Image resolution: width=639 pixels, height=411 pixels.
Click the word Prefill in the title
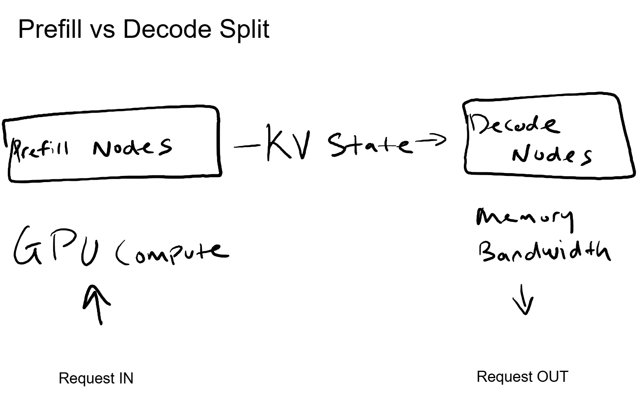point(50,29)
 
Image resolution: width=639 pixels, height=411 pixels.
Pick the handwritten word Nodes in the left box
point(132,147)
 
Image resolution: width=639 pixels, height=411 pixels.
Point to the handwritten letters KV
point(287,143)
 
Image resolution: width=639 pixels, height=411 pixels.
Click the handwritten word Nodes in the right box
point(551,155)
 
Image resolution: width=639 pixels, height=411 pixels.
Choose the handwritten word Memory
point(524,218)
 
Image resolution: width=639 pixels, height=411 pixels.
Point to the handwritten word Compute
point(172,251)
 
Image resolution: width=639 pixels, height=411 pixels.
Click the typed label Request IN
point(96,378)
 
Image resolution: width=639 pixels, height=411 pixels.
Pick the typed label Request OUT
point(522,376)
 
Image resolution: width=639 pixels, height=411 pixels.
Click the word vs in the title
point(102,30)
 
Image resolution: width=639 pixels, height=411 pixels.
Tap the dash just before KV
point(247,145)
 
